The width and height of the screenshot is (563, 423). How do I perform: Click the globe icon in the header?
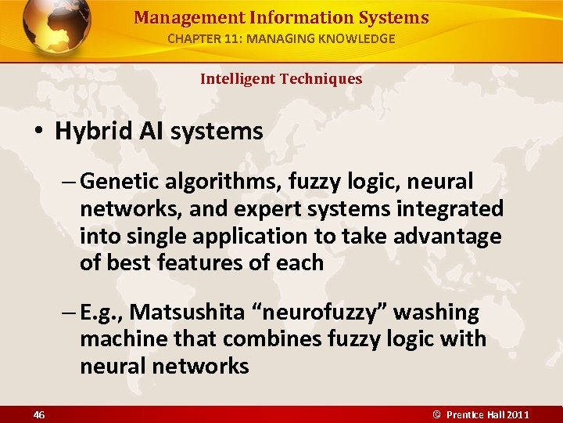pos(56,27)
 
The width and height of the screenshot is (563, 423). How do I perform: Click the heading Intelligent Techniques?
pos(281,78)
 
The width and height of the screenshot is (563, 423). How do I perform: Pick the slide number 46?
pos(38,414)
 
